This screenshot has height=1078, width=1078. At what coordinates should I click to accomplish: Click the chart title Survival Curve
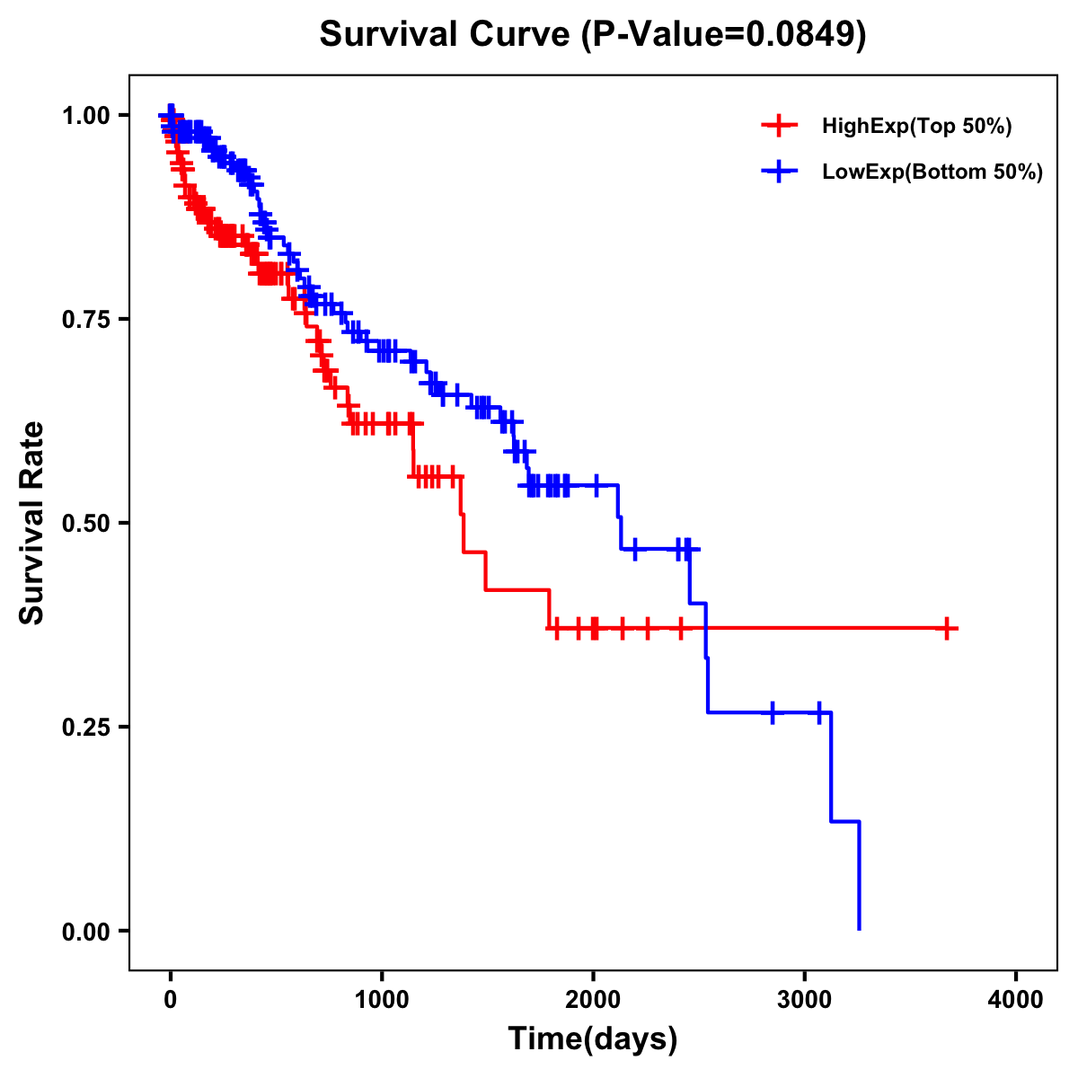[446, 35]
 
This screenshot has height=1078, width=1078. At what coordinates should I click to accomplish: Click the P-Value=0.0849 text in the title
[724, 35]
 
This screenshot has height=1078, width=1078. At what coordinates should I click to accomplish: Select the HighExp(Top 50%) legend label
[916, 127]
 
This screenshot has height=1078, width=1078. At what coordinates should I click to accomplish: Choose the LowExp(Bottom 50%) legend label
[932, 172]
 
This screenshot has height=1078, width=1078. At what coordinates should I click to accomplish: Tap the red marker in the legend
[779, 126]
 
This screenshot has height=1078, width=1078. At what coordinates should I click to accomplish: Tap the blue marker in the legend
[779, 171]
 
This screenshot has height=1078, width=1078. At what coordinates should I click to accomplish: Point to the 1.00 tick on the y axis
[87, 115]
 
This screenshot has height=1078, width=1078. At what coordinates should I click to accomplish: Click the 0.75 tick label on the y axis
[87, 319]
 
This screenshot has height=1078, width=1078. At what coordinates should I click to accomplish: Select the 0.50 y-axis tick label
[87, 523]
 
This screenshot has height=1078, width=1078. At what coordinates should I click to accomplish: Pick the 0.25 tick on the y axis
[87, 727]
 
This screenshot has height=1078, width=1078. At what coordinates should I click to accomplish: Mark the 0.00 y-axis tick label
[87, 931]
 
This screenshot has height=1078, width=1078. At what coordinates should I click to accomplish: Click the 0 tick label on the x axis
[171, 1000]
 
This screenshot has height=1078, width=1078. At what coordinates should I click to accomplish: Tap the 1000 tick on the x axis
[382, 1000]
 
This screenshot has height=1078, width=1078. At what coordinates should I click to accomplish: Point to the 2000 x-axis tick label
[593, 1000]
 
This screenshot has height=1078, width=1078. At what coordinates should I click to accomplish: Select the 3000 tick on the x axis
[805, 1000]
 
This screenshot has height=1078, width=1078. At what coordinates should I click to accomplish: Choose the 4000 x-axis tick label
[1016, 1000]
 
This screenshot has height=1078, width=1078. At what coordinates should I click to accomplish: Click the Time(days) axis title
[593, 1039]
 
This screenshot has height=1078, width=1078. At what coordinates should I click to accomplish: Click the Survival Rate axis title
[32, 523]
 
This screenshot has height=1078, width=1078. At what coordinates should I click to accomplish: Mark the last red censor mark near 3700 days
[947, 629]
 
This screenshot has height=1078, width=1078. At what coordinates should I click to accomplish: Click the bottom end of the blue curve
[859, 928]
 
